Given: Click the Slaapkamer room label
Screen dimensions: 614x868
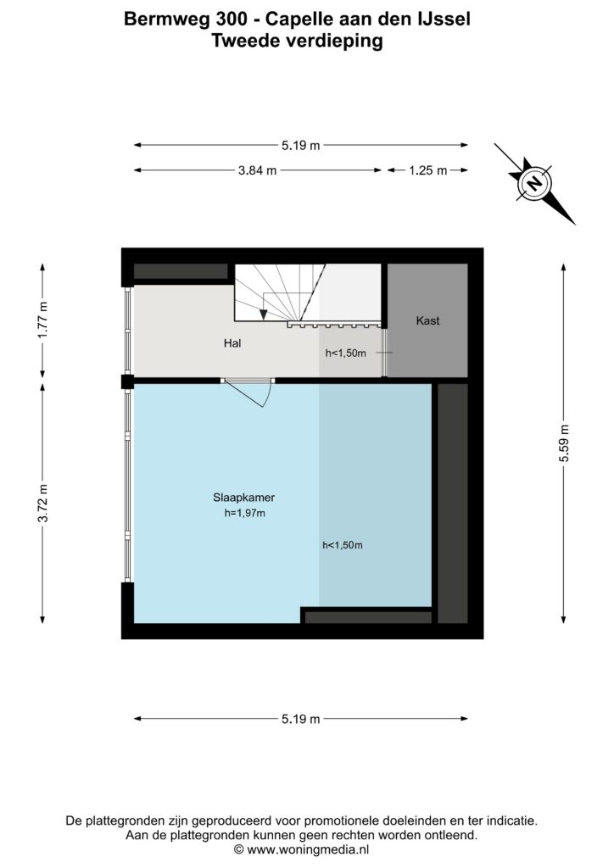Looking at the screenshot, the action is pyautogui.click(x=243, y=497).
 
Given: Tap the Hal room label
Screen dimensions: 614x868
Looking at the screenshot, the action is pyautogui.click(x=232, y=343).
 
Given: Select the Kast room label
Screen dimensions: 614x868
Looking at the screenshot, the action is pyautogui.click(x=427, y=320).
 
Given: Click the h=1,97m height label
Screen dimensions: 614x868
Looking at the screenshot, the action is pyautogui.click(x=244, y=513).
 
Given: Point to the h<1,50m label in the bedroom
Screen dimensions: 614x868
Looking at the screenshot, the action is pyautogui.click(x=343, y=545).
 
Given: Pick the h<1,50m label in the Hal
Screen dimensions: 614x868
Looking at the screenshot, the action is pyautogui.click(x=346, y=353).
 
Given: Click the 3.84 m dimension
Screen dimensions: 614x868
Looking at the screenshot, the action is pyautogui.click(x=258, y=170).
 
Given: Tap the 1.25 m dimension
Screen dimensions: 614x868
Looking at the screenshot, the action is pyautogui.click(x=428, y=170).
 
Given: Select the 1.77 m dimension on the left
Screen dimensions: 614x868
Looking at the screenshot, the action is pyautogui.click(x=43, y=320).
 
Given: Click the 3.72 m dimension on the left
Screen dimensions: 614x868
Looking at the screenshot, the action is pyautogui.click(x=43, y=503).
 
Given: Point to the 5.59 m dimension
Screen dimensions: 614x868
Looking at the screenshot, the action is pyautogui.click(x=564, y=442).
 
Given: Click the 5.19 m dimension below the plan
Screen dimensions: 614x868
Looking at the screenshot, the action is pyautogui.click(x=300, y=719).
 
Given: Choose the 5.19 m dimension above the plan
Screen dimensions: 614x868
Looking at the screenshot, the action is pyautogui.click(x=300, y=146).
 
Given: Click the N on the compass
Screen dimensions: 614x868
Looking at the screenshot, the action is pyautogui.click(x=534, y=183).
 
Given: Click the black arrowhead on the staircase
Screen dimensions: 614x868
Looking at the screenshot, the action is pyautogui.click(x=264, y=314).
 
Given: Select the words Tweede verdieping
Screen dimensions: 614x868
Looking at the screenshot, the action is pyautogui.click(x=298, y=42).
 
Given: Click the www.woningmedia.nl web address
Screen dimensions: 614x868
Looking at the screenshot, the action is pyautogui.click(x=308, y=849).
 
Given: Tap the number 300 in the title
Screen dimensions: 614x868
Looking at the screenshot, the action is pyautogui.click(x=228, y=19).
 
